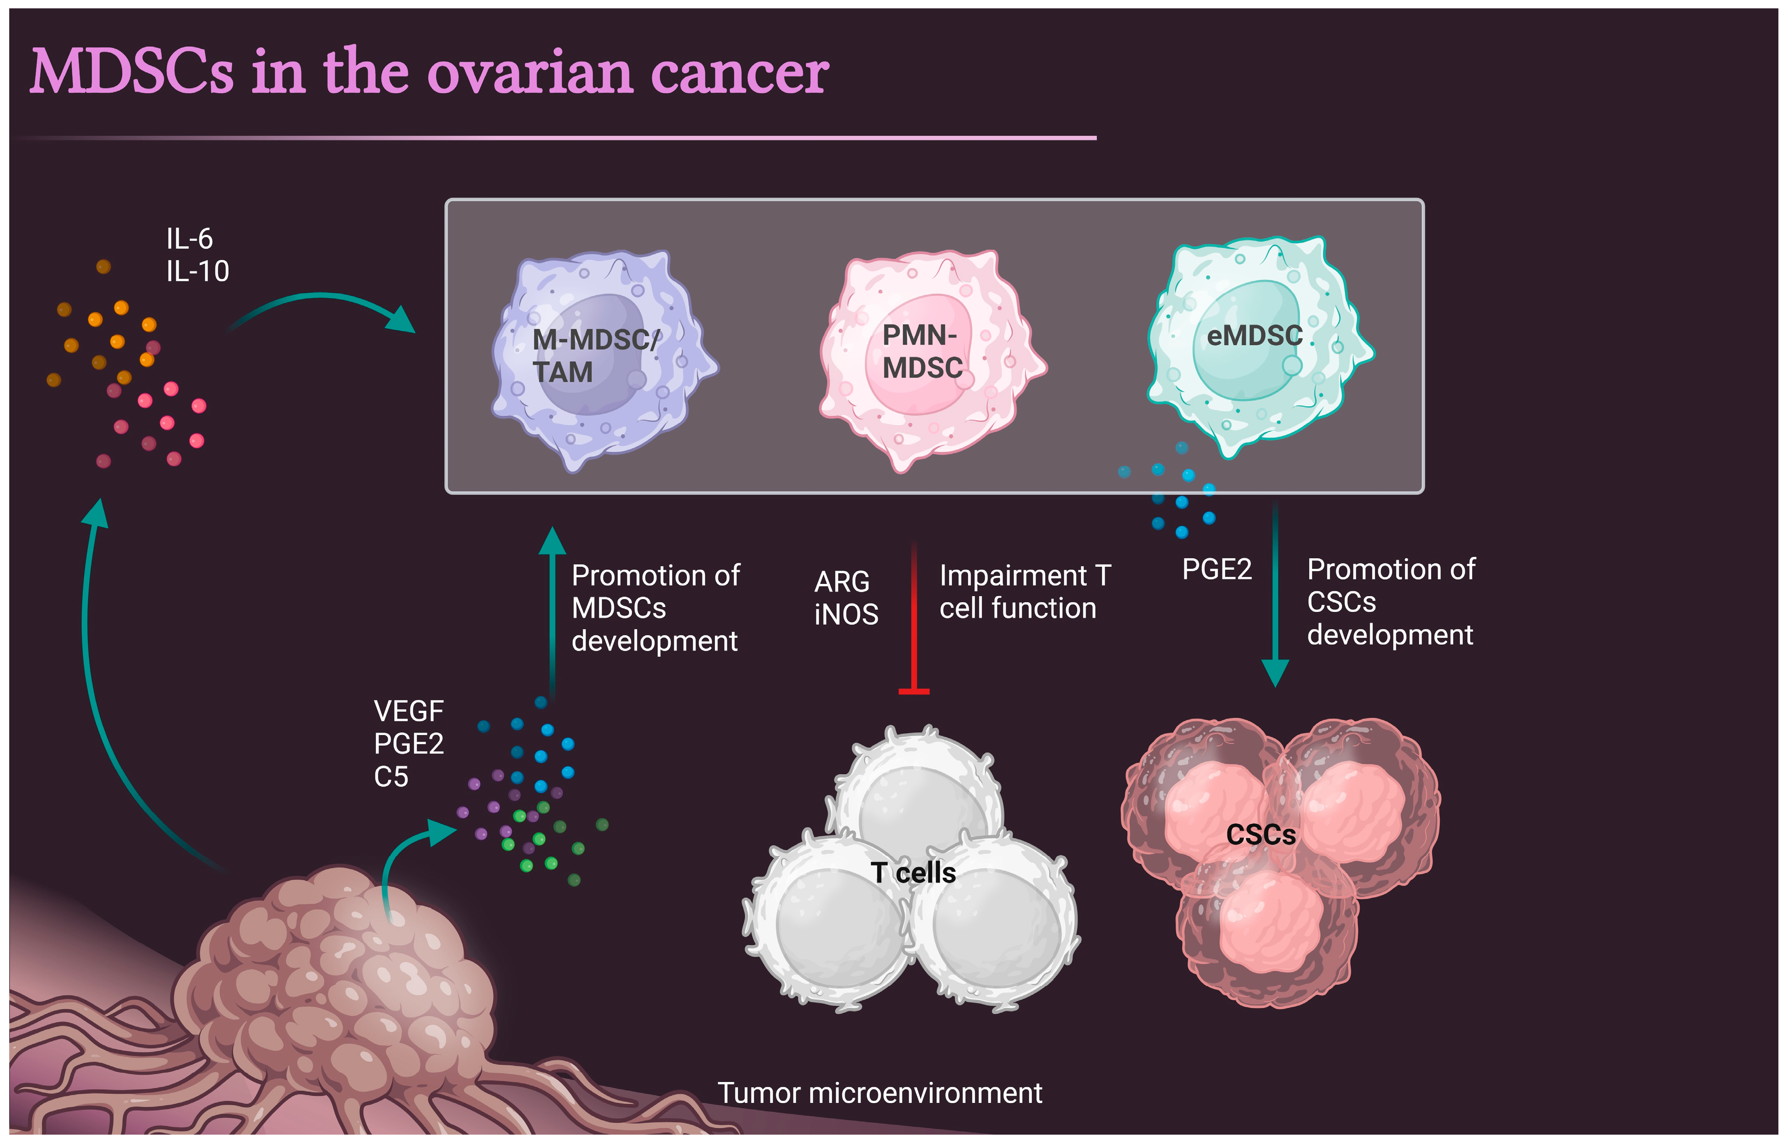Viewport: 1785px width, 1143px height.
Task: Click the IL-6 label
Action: pos(189,239)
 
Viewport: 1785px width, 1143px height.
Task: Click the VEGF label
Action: pos(408,711)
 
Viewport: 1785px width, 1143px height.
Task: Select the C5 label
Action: pos(391,776)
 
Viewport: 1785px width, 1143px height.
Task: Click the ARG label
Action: pos(841,582)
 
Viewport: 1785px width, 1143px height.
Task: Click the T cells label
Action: pos(913,873)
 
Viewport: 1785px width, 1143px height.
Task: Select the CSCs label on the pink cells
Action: pos(1260,835)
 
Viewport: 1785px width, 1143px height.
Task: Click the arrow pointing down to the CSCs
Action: pos(1275,594)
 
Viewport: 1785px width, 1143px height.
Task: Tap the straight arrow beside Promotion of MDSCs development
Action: pos(552,608)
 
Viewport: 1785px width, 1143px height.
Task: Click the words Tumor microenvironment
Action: pos(879,1092)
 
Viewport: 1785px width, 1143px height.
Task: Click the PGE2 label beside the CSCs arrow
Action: pos(1217,569)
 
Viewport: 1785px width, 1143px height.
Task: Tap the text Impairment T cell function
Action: pos(1024,592)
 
